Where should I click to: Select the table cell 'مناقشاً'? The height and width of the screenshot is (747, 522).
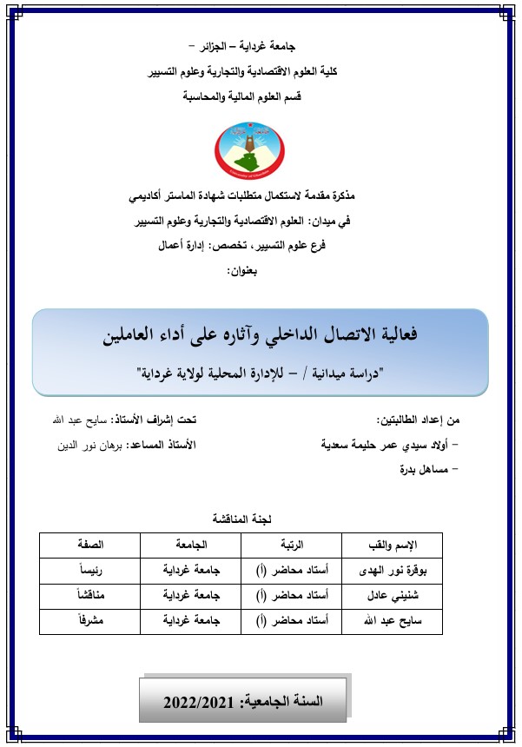pos(91,597)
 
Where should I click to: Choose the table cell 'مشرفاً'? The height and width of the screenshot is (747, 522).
pos(91,622)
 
